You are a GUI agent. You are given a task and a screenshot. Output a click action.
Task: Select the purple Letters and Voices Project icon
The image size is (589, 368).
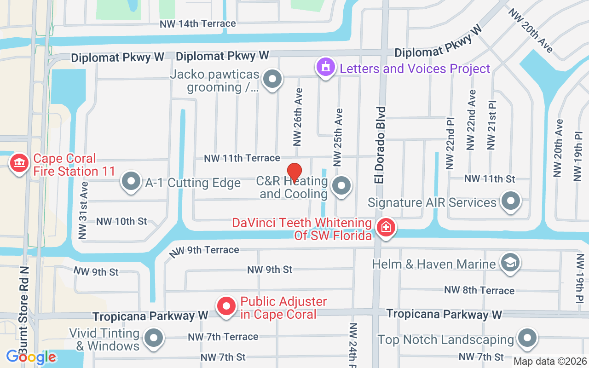coord(326,68)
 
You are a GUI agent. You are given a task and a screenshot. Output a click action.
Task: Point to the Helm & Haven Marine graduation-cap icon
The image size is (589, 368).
coord(510,264)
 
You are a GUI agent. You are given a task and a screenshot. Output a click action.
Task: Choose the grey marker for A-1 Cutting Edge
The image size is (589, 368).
coord(131,182)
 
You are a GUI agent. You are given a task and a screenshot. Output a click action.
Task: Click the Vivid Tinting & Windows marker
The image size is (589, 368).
coord(154,339)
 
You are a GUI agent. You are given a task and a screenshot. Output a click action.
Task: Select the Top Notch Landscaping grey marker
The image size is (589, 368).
coord(527,339)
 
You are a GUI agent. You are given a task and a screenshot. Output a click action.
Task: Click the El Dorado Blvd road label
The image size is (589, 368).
coord(380,145)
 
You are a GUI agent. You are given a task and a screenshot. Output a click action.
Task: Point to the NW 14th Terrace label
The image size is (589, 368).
coord(198,24)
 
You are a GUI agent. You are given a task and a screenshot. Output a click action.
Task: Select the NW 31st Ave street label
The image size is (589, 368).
coord(83,210)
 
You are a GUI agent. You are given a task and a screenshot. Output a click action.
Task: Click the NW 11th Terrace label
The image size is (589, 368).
coord(242,158)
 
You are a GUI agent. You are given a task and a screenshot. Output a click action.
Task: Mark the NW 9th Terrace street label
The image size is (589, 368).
coord(204,251)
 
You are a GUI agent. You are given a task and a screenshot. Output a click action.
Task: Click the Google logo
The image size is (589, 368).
coord(31,356)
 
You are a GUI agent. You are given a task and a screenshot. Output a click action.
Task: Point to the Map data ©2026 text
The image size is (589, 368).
coord(550,362)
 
